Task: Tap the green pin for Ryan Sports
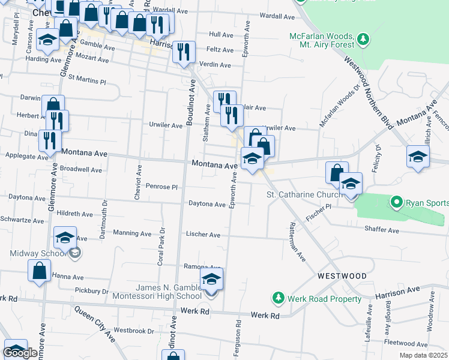click(396, 203)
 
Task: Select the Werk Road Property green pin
click(279, 298)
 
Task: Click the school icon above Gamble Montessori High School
click(211, 279)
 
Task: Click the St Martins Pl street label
click(86, 78)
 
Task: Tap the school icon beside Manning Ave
click(65, 238)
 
